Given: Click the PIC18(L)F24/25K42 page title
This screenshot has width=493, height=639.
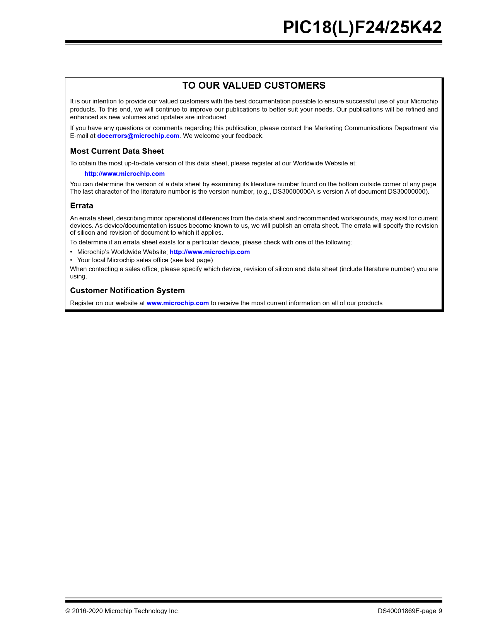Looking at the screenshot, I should (x=362, y=27).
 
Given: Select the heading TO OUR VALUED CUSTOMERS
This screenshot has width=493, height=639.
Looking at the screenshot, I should (x=254, y=86).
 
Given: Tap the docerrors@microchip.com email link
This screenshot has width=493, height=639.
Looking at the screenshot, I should (x=138, y=136).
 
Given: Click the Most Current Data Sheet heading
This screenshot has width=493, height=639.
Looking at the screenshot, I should (x=117, y=151).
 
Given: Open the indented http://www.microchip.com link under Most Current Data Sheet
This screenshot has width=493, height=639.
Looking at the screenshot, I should (x=125, y=174).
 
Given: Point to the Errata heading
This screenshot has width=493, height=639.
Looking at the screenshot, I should (x=82, y=206).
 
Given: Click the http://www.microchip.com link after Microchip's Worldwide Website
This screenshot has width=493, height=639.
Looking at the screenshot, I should (x=210, y=252).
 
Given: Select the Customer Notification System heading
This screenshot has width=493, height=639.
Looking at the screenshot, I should (x=127, y=291).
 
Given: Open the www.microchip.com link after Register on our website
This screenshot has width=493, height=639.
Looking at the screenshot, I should (x=177, y=303).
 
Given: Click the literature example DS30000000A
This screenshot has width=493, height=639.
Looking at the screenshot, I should (x=294, y=192).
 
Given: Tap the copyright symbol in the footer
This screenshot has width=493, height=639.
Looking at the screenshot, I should (x=68, y=611).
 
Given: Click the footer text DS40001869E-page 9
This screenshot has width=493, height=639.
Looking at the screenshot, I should (x=410, y=611).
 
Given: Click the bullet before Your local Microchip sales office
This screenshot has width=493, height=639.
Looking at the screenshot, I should (x=71, y=260).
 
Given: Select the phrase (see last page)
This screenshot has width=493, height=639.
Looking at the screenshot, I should (x=191, y=260).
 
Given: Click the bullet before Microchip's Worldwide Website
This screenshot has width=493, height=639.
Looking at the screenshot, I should (x=71, y=252).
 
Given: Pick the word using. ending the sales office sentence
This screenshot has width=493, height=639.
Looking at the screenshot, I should (x=78, y=277).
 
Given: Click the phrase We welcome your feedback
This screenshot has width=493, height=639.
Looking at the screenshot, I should (x=223, y=136).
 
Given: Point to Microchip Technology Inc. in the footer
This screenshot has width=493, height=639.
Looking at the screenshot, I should (x=142, y=611).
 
